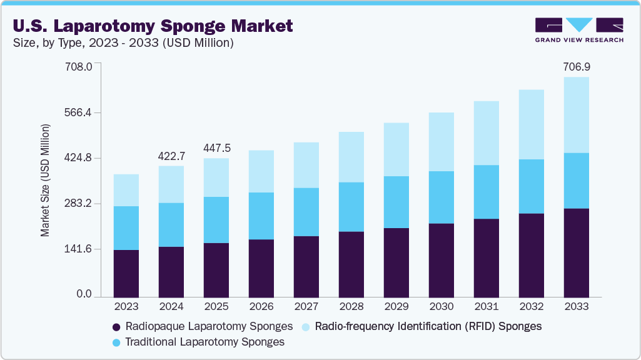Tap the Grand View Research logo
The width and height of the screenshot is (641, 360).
579,30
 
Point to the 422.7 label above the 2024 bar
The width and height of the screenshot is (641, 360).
171,154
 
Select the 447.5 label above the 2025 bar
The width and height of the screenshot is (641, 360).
216,148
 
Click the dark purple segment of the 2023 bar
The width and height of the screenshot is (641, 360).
126,273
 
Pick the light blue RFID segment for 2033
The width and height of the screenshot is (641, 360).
576,115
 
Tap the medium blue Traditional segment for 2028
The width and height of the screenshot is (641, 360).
351,207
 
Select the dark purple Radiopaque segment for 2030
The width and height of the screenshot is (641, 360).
441,260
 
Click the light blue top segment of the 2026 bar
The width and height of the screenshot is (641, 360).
261,171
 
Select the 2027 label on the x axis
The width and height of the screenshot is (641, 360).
306,307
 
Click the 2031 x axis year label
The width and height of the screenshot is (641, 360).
486,307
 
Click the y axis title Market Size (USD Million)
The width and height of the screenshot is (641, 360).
45,181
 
